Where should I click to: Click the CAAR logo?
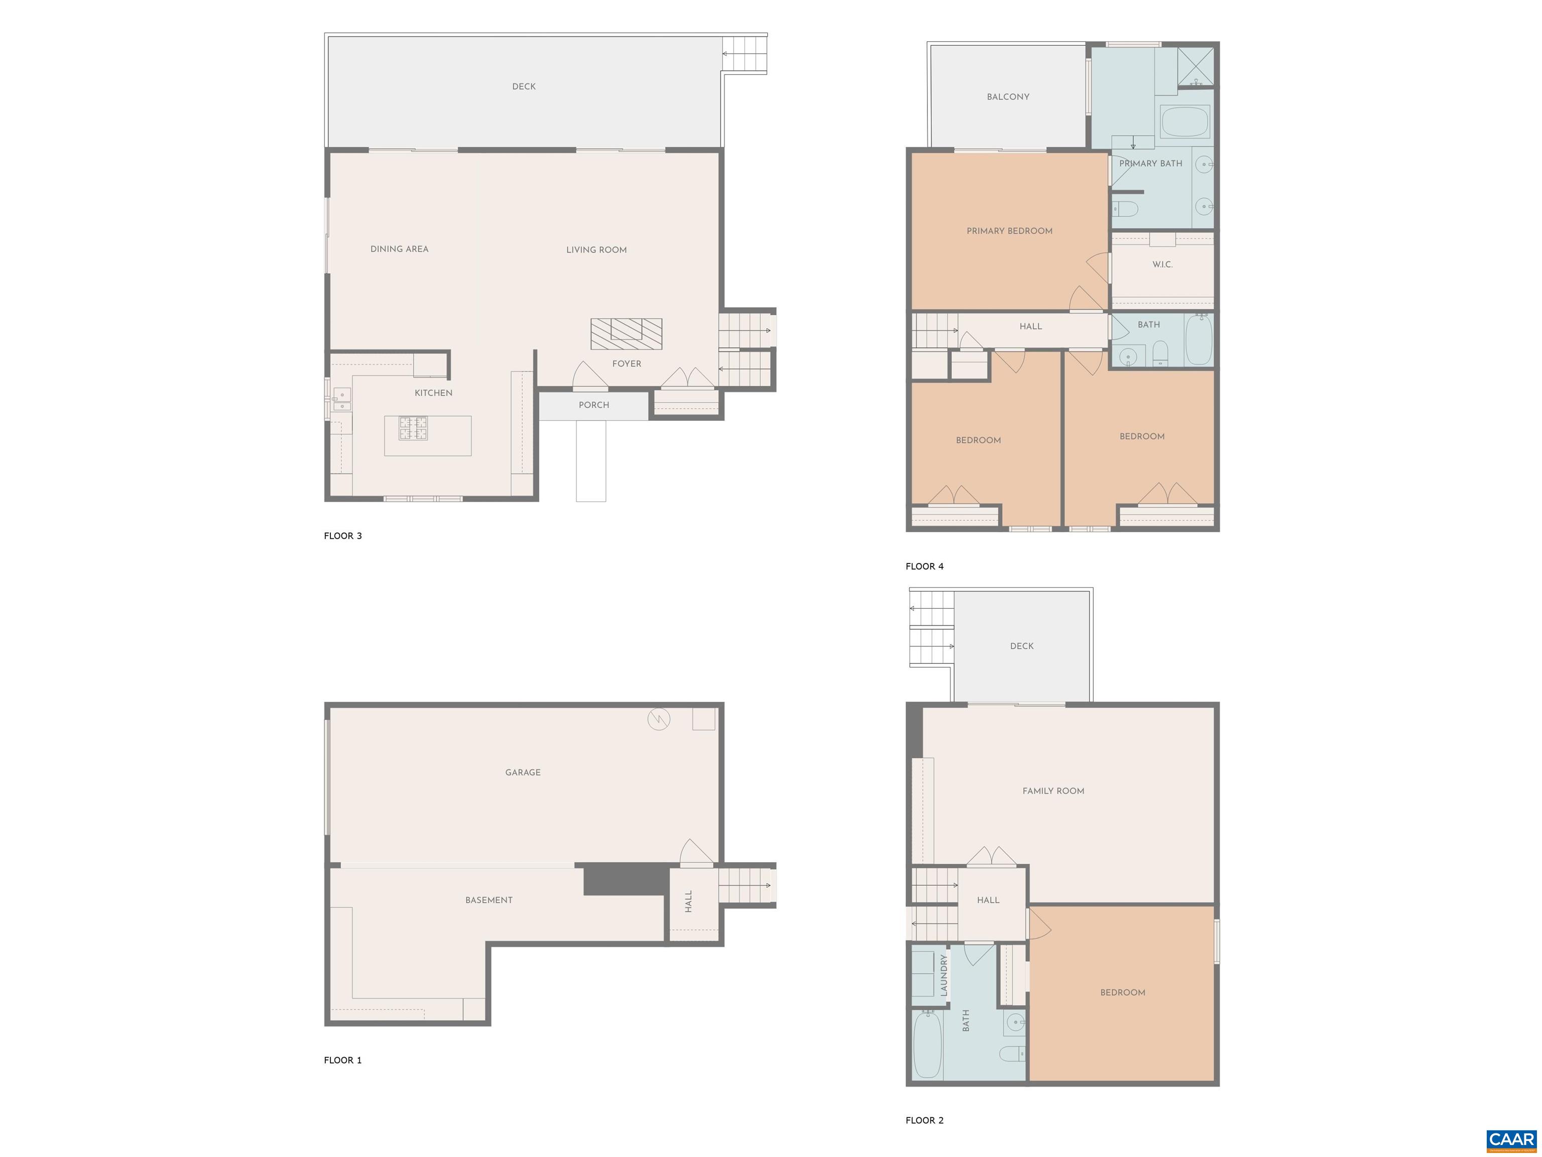click(1511, 1141)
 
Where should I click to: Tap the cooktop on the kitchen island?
click(413, 428)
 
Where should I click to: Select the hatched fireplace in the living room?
click(626, 334)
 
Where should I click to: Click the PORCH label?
click(594, 405)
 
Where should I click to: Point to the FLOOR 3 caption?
click(343, 536)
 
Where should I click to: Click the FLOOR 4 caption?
click(924, 566)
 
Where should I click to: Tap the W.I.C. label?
click(1162, 265)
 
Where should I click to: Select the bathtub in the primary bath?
click(1185, 122)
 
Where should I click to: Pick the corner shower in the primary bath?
click(1195, 67)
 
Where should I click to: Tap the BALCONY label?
click(1008, 97)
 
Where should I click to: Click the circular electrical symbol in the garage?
click(659, 719)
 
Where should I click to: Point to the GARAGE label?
click(523, 772)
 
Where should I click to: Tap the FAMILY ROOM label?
click(1053, 791)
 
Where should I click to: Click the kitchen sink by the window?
click(341, 399)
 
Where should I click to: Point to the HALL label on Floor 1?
click(689, 901)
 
